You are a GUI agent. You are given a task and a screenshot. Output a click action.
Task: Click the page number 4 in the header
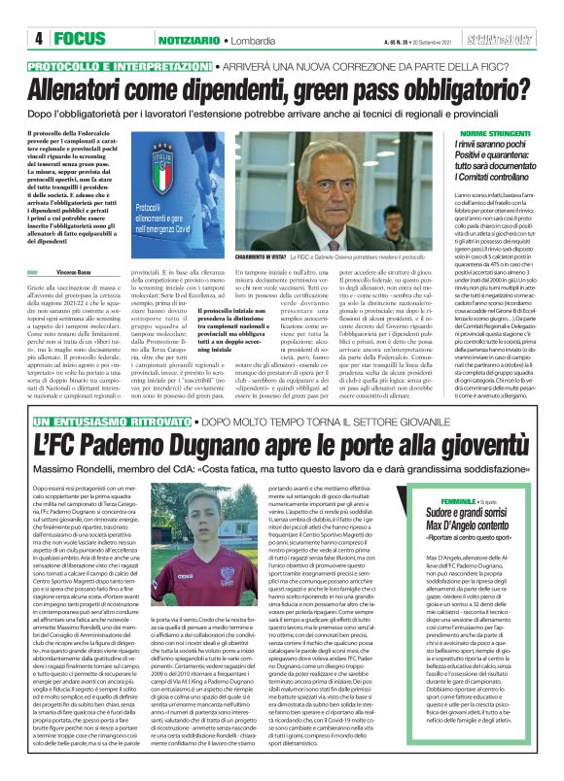tap(38, 38)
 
